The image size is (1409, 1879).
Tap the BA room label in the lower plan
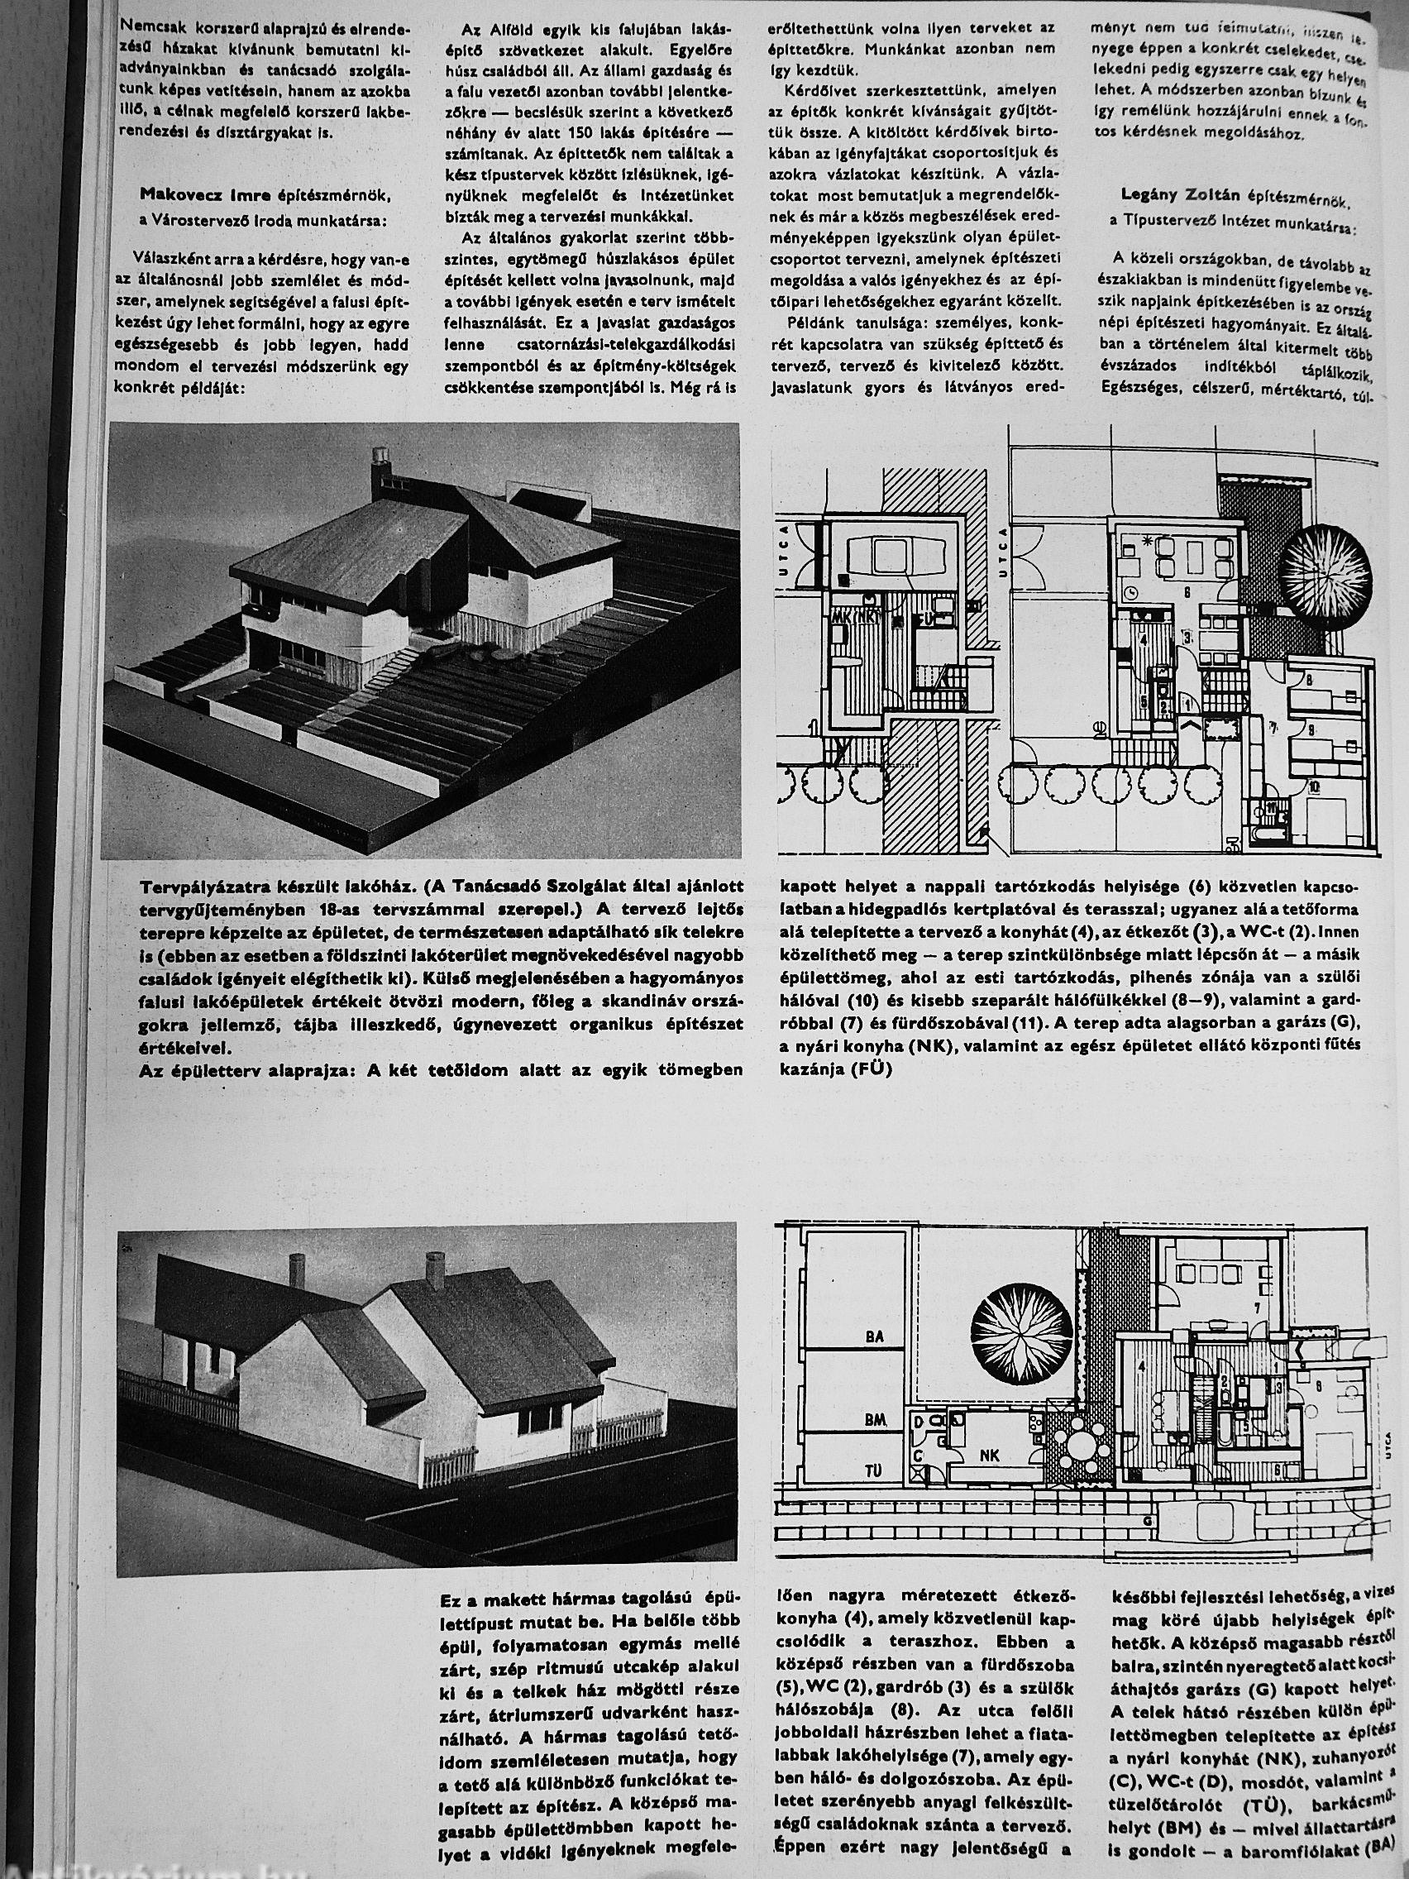(x=874, y=1336)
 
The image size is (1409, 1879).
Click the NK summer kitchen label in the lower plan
(x=990, y=1455)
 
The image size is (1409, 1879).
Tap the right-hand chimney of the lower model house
(x=435, y=1266)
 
